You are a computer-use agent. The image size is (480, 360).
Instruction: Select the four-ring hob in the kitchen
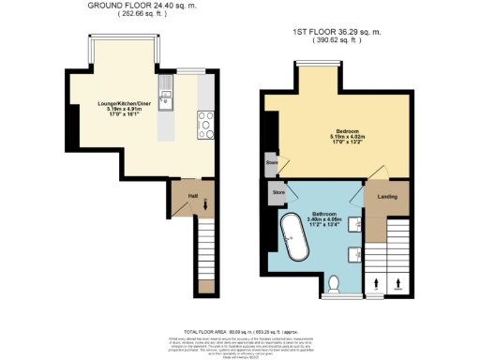tap(203, 121)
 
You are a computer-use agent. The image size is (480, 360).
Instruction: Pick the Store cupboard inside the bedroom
tap(272, 163)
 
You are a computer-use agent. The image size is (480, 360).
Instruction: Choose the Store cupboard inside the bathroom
tap(277, 192)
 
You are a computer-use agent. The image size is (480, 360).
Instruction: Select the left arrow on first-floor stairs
tap(378, 280)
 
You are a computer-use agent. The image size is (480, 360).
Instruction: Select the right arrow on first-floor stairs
tap(400, 280)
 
